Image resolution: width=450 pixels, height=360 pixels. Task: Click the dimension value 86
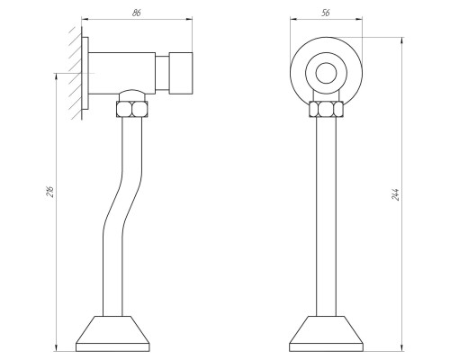click(x=137, y=13)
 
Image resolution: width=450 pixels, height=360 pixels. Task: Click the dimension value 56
click(x=326, y=13)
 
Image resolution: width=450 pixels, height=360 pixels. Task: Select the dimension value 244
click(x=395, y=194)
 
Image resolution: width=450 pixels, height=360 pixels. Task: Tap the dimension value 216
click(x=51, y=192)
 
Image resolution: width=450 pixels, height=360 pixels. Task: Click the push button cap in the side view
click(x=181, y=73)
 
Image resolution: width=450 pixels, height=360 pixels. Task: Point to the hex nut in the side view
click(x=132, y=109)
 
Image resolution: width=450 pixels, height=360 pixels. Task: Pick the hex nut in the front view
click(x=326, y=109)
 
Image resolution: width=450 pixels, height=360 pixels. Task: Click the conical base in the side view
click(x=112, y=333)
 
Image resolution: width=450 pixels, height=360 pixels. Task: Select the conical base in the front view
click(x=326, y=333)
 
